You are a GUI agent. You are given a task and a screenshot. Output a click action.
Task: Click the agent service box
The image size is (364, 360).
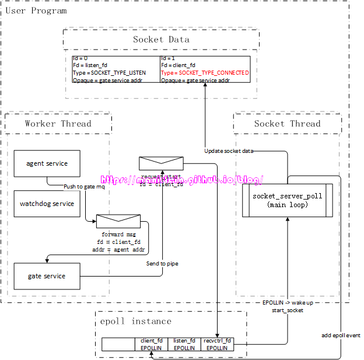pyautogui.click(x=47, y=163)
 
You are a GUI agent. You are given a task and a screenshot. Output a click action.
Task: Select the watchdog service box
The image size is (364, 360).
pyautogui.click(x=47, y=204)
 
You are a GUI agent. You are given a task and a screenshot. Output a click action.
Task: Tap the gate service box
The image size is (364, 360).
pyautogui.click(x=47, y=276)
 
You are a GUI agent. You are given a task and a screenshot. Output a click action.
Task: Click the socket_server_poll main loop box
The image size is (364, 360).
pyautogui.click(x=287, y=200)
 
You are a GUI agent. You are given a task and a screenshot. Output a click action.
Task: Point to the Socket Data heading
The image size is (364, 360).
pyautogui.click(x=161, y=40)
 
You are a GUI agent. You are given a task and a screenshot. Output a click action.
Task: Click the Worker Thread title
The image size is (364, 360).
pyautogui.click(x=58, y=124)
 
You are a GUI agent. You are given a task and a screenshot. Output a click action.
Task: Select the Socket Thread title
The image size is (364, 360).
pyautogui.click(x=287, y=124)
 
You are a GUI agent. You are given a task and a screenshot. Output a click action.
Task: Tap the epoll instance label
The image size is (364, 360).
pyautogui.click(x=135, y=321)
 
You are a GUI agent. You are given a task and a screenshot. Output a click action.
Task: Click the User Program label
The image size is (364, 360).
pyautogui.click(x=36, y=11)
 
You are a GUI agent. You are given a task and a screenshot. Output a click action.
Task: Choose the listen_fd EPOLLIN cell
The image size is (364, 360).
pyautogui.click(x=184, y=344)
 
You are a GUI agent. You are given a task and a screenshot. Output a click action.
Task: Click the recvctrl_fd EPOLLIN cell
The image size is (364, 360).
pyautogui.click(x=217, y=344)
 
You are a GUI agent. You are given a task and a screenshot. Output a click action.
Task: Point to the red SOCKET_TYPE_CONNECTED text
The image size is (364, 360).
pyautogui.click(x=205, y=73)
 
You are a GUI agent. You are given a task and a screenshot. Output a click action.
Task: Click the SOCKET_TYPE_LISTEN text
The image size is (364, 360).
pyautogui.click(x=109, y=73)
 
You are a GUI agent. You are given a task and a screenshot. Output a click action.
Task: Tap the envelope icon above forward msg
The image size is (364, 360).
pyautogui.click(x=118, y=221)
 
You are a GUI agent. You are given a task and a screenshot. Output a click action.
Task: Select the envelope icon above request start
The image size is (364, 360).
pyautogui.click(x=161, y=163)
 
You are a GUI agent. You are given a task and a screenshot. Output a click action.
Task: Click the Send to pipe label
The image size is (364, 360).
pyautogui.click(x=162, y=264)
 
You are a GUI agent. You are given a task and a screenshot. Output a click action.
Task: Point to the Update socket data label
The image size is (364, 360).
pyautogui.click(x=229, y=151)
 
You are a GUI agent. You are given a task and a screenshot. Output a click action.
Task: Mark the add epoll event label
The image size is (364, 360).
pyautogui.click(x=341, y=335)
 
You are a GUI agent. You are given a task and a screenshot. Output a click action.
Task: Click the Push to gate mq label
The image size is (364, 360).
pyautogui.click(x=85, y=186)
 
